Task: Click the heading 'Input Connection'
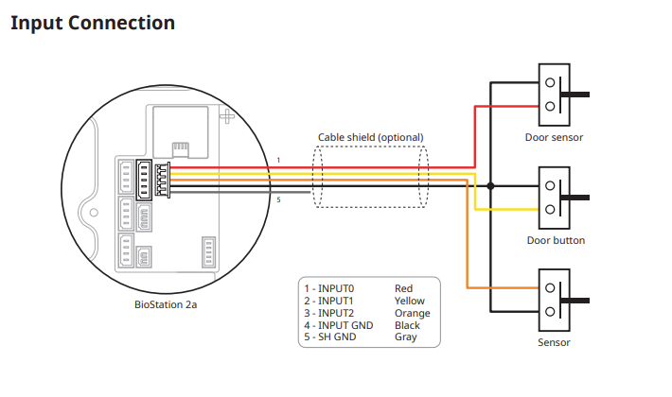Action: [93, 23]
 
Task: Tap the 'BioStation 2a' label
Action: [166, 304]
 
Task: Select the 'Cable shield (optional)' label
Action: [371, 137]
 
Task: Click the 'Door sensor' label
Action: [554, 137]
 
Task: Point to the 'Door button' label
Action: [556, 240]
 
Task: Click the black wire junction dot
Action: [490, 186]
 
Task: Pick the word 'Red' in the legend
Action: [403, 288]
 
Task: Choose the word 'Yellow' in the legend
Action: [409, 301]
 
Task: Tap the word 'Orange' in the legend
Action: [413, 313]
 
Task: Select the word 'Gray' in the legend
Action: [405, 337]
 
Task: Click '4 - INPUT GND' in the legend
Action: [339, 325]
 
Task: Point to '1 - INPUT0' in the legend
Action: [329, 288]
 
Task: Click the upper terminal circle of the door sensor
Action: [550, 82]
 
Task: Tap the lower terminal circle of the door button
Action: [550, 210]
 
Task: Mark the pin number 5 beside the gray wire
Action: [278, 199]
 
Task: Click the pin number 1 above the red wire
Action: [278, 161]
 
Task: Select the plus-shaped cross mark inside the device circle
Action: [227, 116]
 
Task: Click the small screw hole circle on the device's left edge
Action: [94, 212]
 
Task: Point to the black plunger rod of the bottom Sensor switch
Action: [575, 301]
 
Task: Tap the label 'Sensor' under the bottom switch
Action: [554, 343]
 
